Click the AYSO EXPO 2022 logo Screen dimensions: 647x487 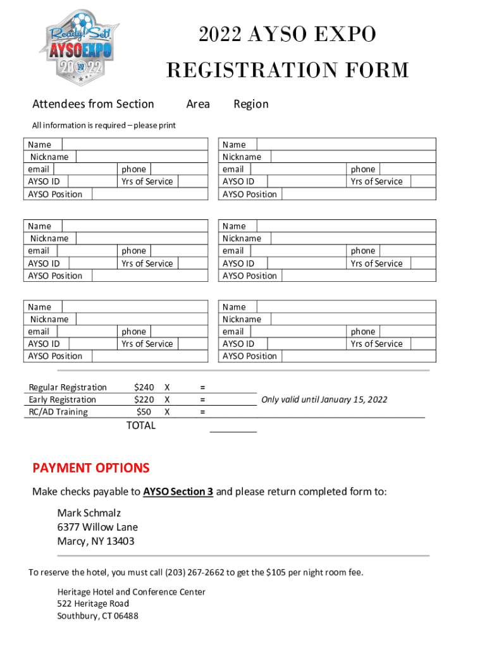pyautogui.click(x=80, y=47)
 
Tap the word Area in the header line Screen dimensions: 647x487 pyautogui.click(x=198, y=104)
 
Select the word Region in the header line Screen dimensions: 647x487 pyautogui.click(x=251, y=104)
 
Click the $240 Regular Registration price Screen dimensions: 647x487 pyautogui.click(x=144, y=387)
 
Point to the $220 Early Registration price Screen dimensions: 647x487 pyautogui.click(x=144, y=399)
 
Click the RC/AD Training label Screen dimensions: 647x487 pyautogui.click(x=58, y=412)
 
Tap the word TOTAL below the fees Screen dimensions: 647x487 pyautogui.click(x=140, y=425)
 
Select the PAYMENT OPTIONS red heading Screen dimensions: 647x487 pyautogui.click(x=91, y=468)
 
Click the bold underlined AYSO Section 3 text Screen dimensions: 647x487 pyautogui.click(x=178, y=492)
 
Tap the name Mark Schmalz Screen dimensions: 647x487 pyautogui.click(x=89, y=512)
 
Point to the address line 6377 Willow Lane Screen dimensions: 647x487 pyautogui.click(x=97, y=527)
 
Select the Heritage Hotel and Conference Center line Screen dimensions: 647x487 pyautogui.click(x=131, y=592)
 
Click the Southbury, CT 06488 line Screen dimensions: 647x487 pyautogui.click(x=97, y=616)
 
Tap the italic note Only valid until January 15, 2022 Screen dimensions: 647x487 pyautogui.click(x=324, y=399)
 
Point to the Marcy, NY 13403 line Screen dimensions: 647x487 pyautogui.click(x=96, y=541)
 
